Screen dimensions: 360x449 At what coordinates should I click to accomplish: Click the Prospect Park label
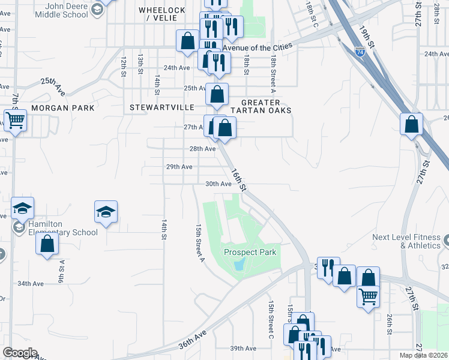250,252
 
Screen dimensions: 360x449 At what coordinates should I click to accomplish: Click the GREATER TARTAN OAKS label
266,106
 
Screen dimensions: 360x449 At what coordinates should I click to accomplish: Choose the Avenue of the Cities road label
257,46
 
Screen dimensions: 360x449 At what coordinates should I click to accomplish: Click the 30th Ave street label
218,184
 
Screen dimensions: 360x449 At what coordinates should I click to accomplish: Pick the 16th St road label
239,179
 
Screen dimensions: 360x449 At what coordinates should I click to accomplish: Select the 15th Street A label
199,242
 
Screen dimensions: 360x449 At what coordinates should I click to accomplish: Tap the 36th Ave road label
192,340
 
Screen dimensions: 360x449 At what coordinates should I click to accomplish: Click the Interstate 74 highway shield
360,52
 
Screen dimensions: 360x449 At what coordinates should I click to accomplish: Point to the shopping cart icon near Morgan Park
15,119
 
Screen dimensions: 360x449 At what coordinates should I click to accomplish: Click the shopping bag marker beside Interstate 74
411,124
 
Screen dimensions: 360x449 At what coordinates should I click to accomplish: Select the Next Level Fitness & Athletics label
406,241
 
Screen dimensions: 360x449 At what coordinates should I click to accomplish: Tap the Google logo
19,353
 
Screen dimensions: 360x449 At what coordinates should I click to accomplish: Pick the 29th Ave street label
179,166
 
